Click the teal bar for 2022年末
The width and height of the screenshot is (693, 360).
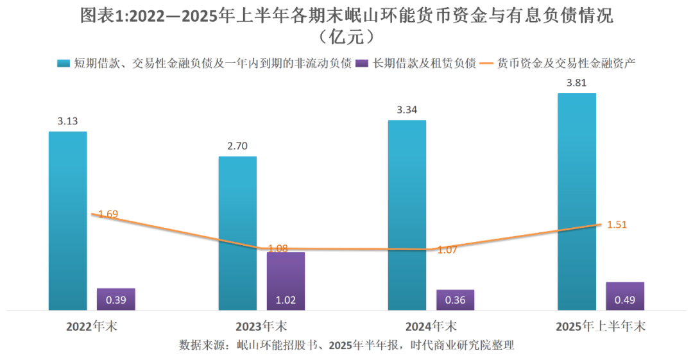(67, 221)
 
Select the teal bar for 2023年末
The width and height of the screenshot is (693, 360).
(237, 234)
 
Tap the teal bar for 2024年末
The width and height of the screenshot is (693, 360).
(407, 215)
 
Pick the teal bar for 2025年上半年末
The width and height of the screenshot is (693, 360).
(577, 201)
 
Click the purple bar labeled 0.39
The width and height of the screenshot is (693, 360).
(116, 299)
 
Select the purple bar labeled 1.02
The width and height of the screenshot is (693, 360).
(286, 281)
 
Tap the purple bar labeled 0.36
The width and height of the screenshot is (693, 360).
(456, 300)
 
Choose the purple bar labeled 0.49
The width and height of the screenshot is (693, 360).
(625, 296)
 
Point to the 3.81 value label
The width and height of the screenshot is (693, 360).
(577, 83)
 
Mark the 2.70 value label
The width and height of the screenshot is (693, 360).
(237, 146)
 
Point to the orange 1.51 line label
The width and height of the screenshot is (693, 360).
(617, 225)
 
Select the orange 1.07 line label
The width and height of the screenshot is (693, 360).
(447, 250)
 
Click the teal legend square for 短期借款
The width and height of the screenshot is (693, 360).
(63, 63)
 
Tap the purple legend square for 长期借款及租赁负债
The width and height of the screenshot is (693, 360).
(363, 63)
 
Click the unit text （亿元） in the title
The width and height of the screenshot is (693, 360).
(346, 37)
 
